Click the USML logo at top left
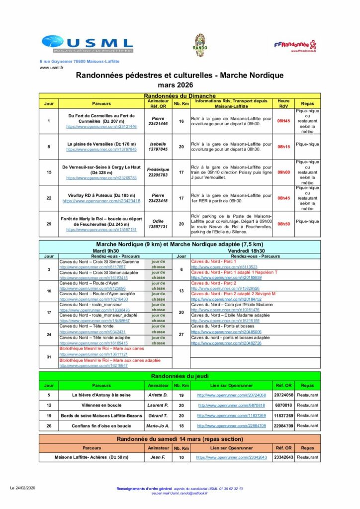coord(87,44)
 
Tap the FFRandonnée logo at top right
coord(295,45)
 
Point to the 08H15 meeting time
coord(283,147)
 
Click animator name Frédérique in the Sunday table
coord(158,170)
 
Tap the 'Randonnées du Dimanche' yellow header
coord(180,95)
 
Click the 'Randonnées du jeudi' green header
coord(180,376)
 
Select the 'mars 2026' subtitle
coord(180,85)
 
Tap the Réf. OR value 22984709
coord(283,426)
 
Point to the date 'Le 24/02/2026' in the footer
coord(22,489)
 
